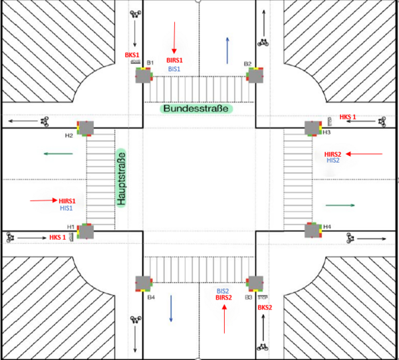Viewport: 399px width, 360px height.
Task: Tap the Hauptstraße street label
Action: point(122,177)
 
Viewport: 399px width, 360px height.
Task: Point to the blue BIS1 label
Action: point(174,68)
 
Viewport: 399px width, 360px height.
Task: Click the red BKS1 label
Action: point(132,54)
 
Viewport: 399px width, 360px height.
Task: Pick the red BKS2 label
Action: point(265,308)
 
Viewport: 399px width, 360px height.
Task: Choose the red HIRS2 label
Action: point(332,153)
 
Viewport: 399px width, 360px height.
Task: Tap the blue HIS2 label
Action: point(332,161)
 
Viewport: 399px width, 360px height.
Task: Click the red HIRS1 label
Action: point(67,201)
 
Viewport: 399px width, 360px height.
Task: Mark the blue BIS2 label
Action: point(223,292)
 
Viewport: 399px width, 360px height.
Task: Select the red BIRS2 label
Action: point(223,299)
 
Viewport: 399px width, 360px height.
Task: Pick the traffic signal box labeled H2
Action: point(86,128)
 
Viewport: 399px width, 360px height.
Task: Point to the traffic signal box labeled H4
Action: point(313,230)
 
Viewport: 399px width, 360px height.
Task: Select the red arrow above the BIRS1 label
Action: point(174,37)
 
